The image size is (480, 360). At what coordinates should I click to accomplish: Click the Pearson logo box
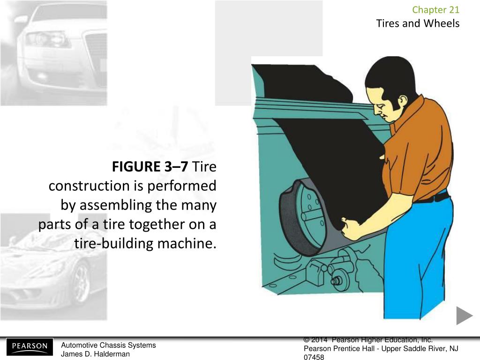pos(30,347)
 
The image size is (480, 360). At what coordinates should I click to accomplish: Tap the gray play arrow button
pos(465,315)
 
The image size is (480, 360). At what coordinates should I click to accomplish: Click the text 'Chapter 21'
pos(436,10)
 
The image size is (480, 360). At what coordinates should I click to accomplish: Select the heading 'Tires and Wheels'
pos(418,23)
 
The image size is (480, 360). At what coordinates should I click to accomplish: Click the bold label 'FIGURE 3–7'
pos(150,167)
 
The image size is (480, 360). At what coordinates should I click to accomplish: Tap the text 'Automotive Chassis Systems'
pos(108,345)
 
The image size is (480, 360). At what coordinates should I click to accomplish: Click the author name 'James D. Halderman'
pos(95,354)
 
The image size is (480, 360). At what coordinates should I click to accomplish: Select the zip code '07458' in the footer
pos(314,357)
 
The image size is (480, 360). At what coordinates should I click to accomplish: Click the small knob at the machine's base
pos(336,281)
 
